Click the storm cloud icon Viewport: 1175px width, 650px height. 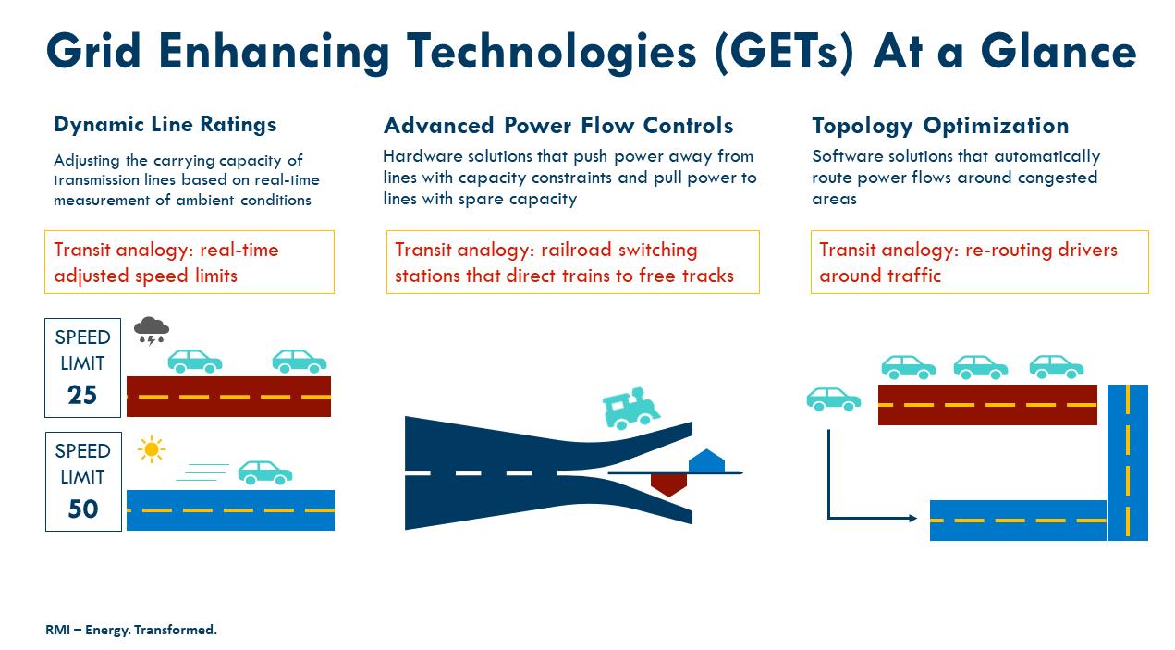(x=152, y=329)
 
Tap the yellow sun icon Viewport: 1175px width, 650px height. (x=151, y=449)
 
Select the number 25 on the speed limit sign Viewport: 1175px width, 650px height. (x=82, y=396)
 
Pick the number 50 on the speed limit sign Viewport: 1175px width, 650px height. (x=82, y=509)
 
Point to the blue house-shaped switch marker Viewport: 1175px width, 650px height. (x=705, y=460)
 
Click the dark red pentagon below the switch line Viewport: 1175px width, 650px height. (x=668, y=484)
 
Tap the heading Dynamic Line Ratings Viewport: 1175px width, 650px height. (x=165, y=124)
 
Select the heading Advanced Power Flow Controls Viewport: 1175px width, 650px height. (x=558, y=126)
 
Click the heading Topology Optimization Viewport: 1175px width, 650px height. (x=940, y=126)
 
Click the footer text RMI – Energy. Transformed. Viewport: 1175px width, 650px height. (x=131, y=630)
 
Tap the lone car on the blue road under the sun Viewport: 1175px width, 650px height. (x=265, y=472)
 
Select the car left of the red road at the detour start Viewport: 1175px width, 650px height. (x=834, y=399)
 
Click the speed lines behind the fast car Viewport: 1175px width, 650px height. (x=202, y=472)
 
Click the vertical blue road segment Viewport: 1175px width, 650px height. (x=1127, y=461)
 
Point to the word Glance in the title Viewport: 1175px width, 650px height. (x=1059, y=52)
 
